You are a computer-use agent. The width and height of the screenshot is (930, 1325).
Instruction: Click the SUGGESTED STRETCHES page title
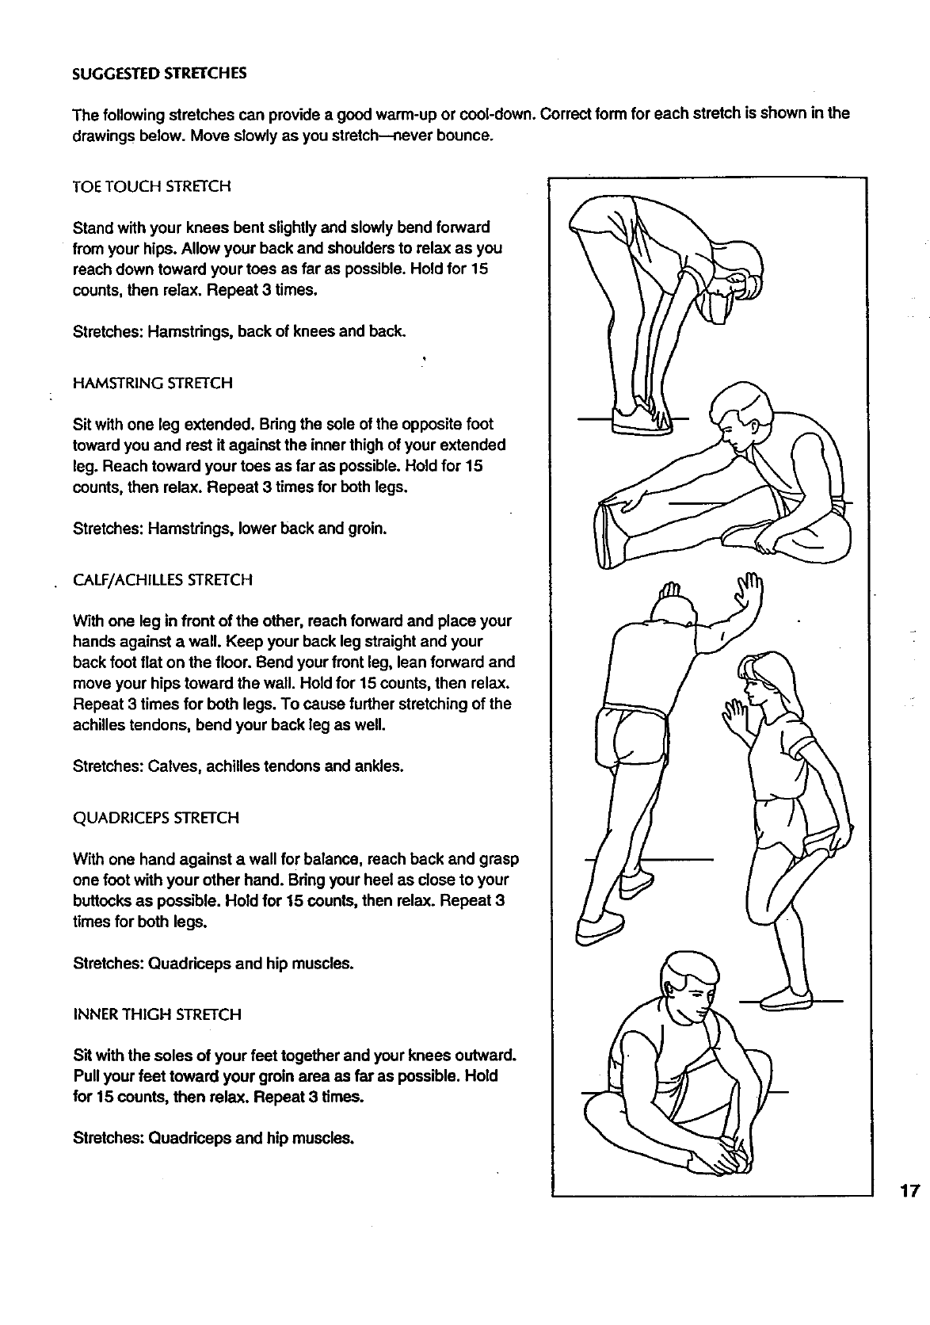159,74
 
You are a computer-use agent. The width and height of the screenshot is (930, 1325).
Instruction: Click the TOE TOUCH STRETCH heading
151,187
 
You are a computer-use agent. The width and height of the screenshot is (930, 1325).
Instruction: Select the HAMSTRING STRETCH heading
152,384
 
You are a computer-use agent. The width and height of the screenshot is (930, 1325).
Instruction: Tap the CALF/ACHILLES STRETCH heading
162,580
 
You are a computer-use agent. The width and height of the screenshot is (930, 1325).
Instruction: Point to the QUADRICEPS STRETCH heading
155,818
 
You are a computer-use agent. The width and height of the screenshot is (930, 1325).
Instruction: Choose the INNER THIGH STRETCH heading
157,1014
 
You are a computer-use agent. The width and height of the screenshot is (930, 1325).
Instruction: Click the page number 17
908,1190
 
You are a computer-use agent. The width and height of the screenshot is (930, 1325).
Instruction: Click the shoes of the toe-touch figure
642,419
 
